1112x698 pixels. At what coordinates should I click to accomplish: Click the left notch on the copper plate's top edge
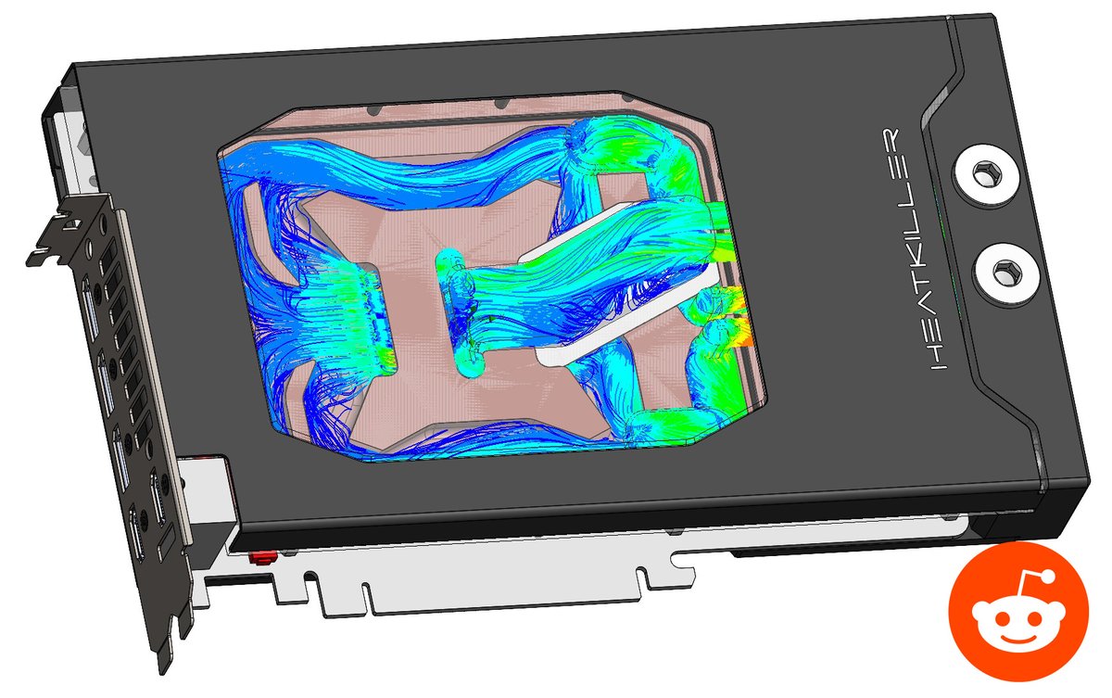(x=372, y=109)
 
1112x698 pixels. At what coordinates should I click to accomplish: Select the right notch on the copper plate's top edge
(x=501, y=101)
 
